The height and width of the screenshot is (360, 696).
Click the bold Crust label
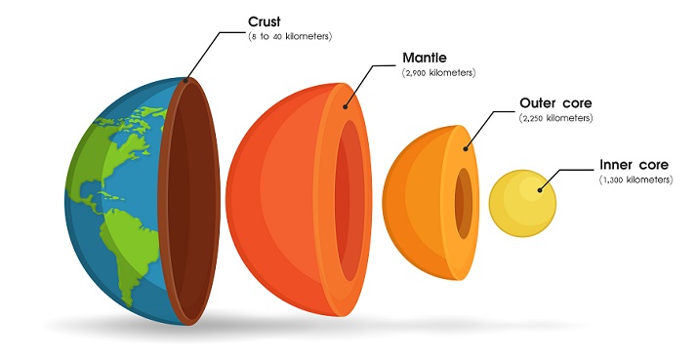(265, 21)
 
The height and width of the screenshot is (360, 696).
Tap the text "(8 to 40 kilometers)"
(290, 36)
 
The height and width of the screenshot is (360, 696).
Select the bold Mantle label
(425, 58)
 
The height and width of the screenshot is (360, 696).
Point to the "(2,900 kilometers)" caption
(438, 73)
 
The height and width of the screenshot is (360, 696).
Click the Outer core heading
(555, 103)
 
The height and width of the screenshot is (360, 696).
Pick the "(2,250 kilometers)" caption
(555, 118)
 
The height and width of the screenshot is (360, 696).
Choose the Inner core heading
(634, 165)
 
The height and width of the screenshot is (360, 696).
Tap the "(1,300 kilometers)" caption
(635, 180)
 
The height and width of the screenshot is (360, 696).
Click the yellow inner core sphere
(522, 203)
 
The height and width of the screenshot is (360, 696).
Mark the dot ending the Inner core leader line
(540, 190)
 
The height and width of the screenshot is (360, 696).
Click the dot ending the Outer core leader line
(466, 148)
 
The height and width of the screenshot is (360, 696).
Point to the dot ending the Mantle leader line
(345, 106)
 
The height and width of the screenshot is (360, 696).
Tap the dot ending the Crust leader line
(186, 80)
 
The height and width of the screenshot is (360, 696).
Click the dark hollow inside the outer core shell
(464, 203)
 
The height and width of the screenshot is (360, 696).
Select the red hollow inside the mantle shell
(349, 201)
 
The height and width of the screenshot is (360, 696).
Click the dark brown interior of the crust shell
(191, 202)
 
